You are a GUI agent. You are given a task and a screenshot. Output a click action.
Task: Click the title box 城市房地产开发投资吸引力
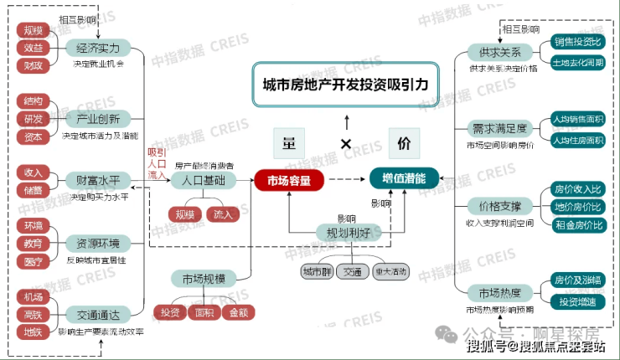(x=344, y=85)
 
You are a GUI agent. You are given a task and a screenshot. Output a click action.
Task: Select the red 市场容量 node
(x=289, y=179)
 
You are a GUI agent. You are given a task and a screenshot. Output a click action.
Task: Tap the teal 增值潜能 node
(x=404, y=179)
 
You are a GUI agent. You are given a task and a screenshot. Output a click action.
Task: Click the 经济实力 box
(x=98, y=47)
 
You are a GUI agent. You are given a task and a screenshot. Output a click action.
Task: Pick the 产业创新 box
(x=98, y=118)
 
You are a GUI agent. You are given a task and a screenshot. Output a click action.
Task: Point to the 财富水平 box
(x=98, y=180)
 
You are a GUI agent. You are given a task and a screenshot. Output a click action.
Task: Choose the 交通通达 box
(x=98, y=315)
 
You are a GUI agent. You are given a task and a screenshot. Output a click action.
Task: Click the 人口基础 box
(x=204, y=180)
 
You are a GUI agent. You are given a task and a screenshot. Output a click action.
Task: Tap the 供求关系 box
(x=500, y=53)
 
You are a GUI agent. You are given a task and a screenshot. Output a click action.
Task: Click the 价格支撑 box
(x=500, y=206)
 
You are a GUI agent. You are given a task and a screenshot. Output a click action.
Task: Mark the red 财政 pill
(x=34, y=64)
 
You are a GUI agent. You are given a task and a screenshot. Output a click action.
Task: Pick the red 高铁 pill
(x=34, y=315)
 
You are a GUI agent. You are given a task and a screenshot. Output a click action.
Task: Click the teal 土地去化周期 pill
(x=578, y=63)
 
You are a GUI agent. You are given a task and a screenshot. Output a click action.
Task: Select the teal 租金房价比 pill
(x=578, y=224)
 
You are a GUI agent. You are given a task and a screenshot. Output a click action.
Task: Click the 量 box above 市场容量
(x=289, y=142)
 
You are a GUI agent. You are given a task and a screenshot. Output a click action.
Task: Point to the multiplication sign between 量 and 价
(x=345, y=144)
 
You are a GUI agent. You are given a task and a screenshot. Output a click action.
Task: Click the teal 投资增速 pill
(x=578, y=301)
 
